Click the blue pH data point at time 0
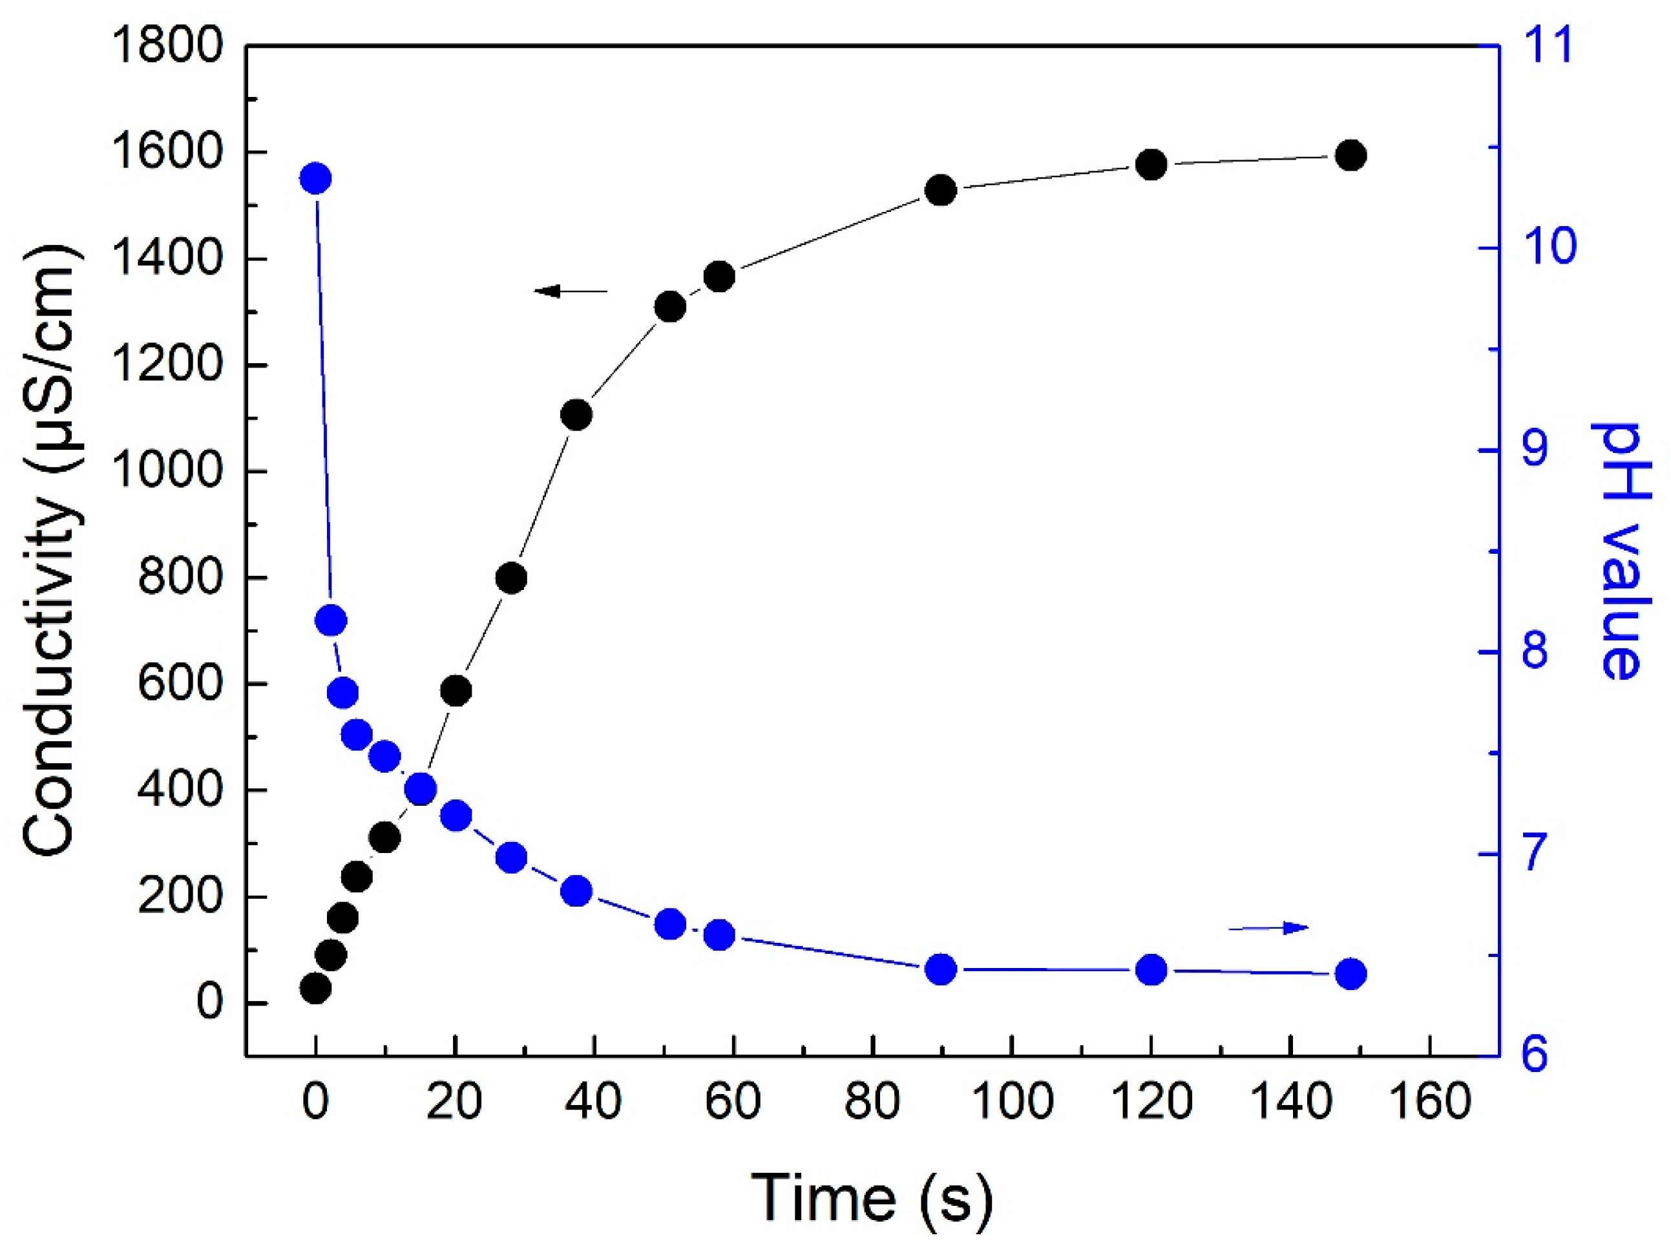pyautogui.click(x=315, y=179)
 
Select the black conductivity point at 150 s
pyautogui.click(x=1350, y=156)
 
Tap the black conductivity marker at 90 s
pyautogui.click(x=941, y=191)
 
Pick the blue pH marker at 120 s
pyautogui.click(x=1151, y=970)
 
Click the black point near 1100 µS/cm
pyautogui.click(x=576, y=415)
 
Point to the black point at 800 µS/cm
pyautogui.click(x=511, y=578)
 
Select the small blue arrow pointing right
pyautogui.click(x=1268, y=927)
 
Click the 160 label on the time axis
pyautogui.click(x=1430, y=1102)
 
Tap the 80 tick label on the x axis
pyautogui.click(x=872, y=1102)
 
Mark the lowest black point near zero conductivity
pyautogui.click(x=315, y=987)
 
